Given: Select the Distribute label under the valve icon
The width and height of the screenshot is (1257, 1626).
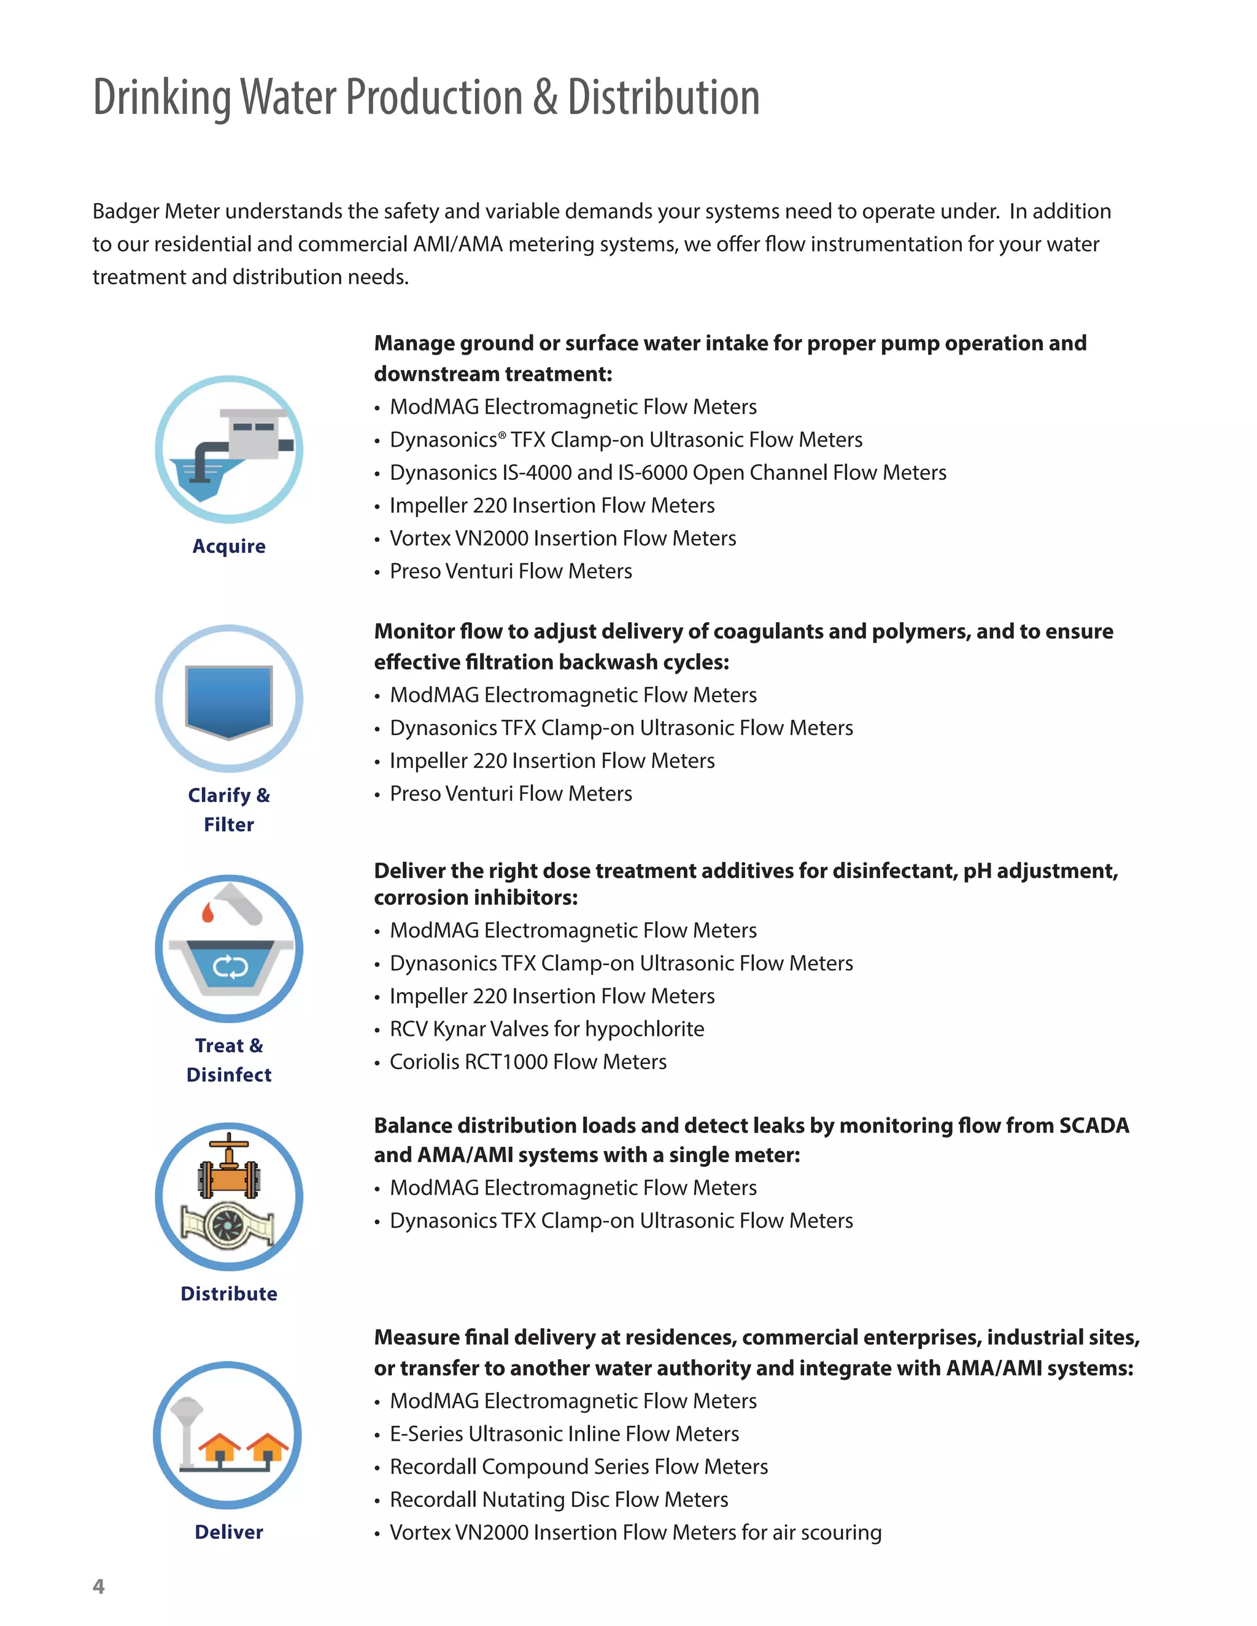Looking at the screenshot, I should point(228,1293).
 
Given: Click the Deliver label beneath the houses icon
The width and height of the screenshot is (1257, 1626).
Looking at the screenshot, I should point(228,1532).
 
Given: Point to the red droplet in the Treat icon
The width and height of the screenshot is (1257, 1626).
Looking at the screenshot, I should point(208,913).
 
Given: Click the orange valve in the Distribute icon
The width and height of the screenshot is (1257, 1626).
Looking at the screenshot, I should point(228,1170).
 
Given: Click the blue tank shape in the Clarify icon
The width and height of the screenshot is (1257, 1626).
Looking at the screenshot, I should point(228,700).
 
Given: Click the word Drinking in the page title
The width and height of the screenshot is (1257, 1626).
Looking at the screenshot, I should point(161,98).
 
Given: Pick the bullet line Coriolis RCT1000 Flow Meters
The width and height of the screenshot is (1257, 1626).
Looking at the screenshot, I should point(528,1062).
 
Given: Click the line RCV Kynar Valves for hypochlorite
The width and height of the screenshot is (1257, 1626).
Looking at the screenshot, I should point(547,1029).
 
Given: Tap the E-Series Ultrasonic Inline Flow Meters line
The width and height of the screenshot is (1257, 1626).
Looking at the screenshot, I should point(565,1434).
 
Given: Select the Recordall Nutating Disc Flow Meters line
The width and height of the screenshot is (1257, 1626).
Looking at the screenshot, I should point(559,1500).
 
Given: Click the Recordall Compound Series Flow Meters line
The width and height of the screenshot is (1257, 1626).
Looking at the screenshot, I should point(579,1466).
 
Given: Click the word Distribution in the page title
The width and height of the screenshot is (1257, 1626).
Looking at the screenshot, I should point(663,98).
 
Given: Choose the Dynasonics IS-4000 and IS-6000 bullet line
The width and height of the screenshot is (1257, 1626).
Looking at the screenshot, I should point(668,472).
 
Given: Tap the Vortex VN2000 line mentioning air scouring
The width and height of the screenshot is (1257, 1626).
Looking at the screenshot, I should point(635,1532).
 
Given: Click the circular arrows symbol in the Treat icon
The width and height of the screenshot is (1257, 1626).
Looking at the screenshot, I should point(230,967).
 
